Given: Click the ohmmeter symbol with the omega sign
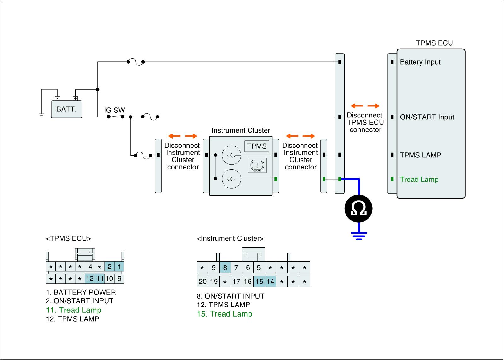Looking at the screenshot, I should point(358,209).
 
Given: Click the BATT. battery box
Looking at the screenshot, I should point(66,109).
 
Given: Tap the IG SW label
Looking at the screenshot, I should point(114,110).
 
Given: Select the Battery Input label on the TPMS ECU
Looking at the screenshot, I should point(420,62).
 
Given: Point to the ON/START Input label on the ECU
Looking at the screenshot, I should point(427,117).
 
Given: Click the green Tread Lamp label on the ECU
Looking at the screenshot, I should point(419,180).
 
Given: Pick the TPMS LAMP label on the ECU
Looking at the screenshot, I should point(420,155).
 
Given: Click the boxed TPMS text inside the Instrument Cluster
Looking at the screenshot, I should point(257,146).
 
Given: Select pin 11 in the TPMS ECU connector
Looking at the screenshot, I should point(100,278).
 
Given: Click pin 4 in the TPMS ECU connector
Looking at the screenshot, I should point(90,267).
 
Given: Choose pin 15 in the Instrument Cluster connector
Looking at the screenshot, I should point(259,281).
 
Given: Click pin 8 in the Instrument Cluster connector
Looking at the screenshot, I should point(225,268).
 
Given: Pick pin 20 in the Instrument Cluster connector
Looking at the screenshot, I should point(203,281).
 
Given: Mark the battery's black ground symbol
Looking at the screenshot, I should point(41,115).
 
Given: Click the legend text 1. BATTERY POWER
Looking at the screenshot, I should point(81,292).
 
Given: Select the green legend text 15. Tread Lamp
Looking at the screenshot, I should point(224,314).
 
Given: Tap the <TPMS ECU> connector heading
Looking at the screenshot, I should point(68,238).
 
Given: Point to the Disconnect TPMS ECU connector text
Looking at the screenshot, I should point(365,122).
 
